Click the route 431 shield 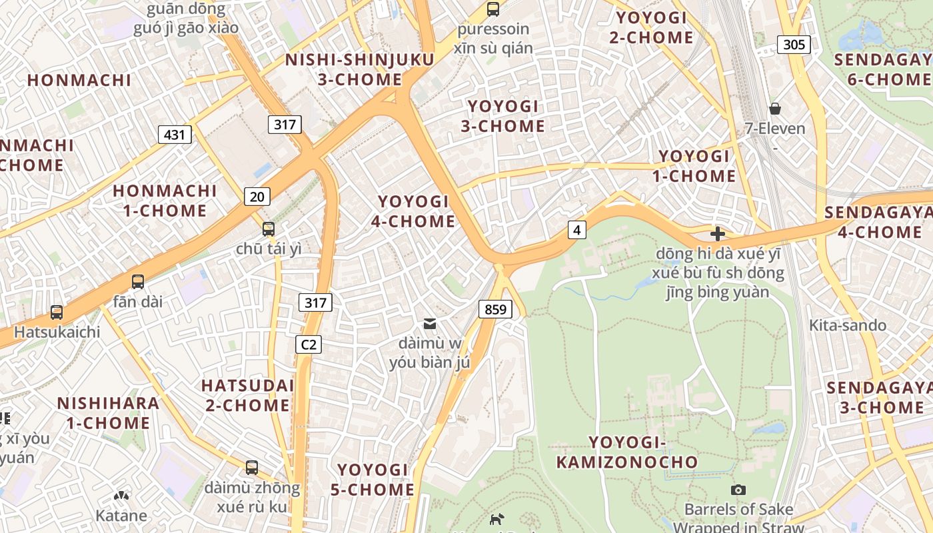pos(175,135)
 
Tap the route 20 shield pos(257,196)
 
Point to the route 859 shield pos(494,309)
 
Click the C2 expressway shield pos(309,344)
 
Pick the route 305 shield pos(794,45)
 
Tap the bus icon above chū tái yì pos(269,229)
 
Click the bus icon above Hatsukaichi pos(57,312)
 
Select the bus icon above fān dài pos(138,281)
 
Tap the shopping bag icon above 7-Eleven pos(775,108)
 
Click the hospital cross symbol pos(718,234)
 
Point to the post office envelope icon pos(430,324)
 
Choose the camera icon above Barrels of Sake pos(738,490)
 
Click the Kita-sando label pos(847,325)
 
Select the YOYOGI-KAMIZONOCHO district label pos(627,452)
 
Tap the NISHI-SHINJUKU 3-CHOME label pos(360,69)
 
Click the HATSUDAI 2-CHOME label pos(247,395)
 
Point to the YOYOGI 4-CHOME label pos(413,211)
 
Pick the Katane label pos(121,515)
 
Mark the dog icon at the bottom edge pos(496,520)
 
